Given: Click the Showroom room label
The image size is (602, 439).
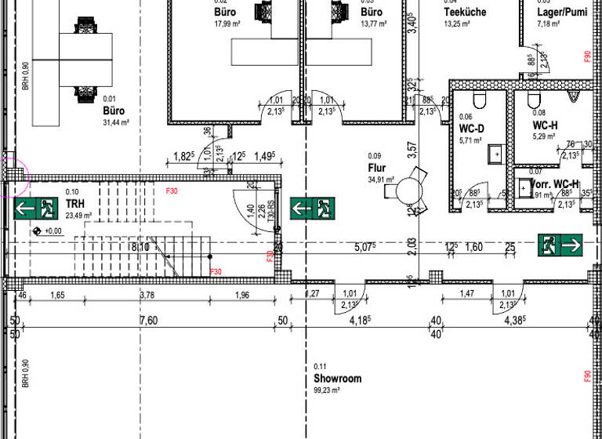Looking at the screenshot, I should [337, 379].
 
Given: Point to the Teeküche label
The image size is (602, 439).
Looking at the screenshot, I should [465, 13].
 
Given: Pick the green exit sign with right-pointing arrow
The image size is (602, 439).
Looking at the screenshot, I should [561, 245].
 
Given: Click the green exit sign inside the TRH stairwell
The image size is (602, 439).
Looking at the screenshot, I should [36, 209].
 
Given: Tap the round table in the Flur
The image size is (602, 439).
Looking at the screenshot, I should [408, 190].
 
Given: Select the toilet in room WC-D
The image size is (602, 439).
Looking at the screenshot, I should [480, 100].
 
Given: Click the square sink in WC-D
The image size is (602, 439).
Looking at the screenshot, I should [495, 153].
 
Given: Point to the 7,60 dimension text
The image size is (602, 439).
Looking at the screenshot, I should [149, 321].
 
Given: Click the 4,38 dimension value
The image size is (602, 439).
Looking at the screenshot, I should [514, 321].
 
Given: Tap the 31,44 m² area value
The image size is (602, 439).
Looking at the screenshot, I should [115, 122].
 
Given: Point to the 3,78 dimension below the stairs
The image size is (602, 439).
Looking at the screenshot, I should [147, 296].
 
